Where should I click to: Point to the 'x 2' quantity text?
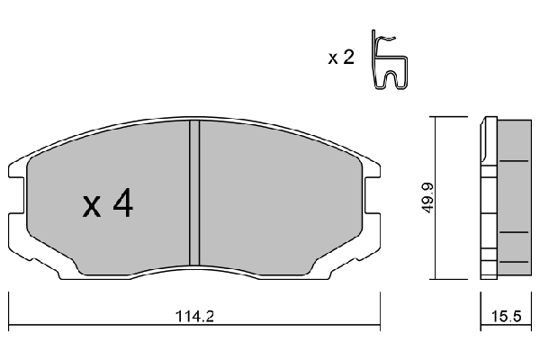[x=340, y=58]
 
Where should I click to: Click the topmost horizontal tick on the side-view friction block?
[x=514, y=162]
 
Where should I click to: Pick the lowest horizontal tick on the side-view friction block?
[x=514, y=260]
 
